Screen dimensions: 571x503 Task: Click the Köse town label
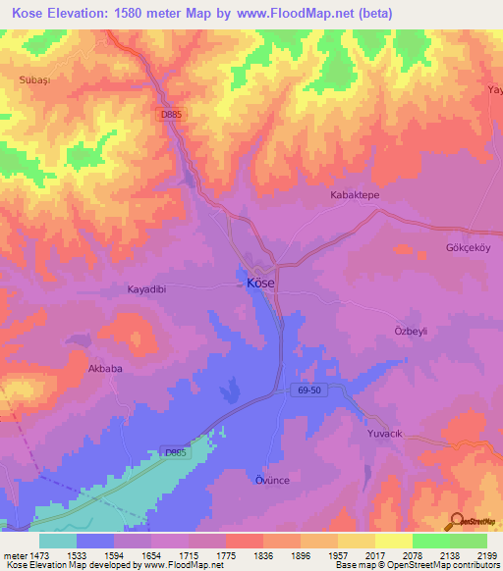click(260, 282)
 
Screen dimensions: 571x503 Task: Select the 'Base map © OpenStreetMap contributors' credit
click(414, 565)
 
